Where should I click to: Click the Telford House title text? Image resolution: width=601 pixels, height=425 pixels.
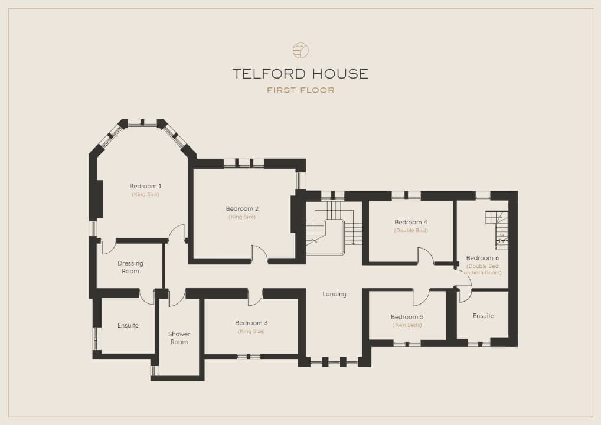tap(300, 74)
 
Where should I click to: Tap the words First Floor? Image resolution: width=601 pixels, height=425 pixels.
tap(301, 90)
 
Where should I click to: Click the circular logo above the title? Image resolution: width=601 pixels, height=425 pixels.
tap(300, 50)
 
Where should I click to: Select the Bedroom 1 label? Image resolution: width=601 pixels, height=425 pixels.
tap(145, 186)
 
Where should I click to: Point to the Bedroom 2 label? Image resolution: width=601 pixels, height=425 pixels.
tap(242, 208)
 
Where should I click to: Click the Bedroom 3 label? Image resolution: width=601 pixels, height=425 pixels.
tap(251, 323)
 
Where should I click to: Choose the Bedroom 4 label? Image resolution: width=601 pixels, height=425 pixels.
tap(411, 222)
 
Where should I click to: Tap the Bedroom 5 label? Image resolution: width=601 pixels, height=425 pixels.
tap(407, 316)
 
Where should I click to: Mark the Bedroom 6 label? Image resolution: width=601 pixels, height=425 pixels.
tap(482, 257)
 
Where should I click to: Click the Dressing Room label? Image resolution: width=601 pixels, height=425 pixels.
tap(130, 267)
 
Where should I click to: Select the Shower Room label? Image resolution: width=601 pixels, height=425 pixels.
tap(179, 338)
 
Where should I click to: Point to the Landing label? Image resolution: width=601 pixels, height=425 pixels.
tap(334, 294)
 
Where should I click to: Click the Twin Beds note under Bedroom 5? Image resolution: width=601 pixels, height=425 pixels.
tap(407, 325)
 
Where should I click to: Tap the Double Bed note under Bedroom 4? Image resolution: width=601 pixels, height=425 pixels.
tap(411, 230)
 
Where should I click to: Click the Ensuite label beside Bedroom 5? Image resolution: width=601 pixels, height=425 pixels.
tap(484, 316)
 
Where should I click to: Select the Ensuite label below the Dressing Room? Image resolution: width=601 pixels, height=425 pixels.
tap(128, 325)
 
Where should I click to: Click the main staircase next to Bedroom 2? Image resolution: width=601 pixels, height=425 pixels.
tap(334, 228)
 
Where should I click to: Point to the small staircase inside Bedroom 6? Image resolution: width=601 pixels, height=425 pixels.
tap(497, 229)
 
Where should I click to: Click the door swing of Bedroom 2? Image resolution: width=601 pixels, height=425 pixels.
tap(260, 253)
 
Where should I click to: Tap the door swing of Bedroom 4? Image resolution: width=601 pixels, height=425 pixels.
tap(426, 255)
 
